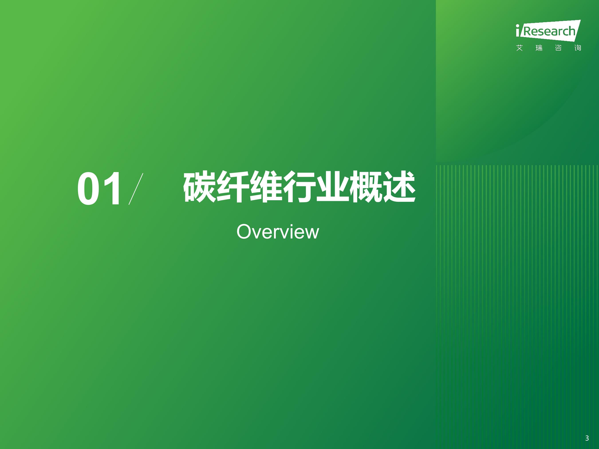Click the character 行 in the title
299,187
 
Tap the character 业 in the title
333,187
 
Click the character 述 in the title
399,187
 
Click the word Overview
278,232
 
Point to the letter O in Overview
244,232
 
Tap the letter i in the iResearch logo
518,30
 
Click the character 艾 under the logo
519,48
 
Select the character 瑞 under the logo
539,48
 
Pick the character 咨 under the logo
558,48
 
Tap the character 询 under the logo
578,48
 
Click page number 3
587,438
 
